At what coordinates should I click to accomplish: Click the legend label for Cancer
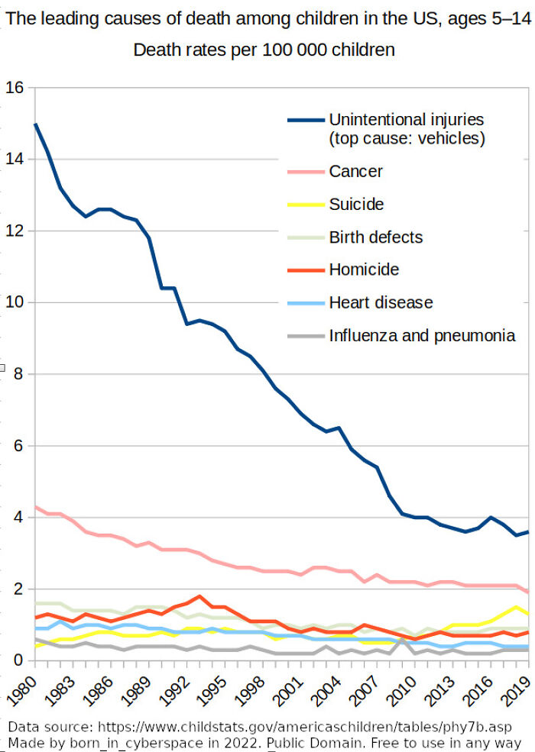[355, 172]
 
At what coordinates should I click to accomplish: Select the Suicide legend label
[356, 205]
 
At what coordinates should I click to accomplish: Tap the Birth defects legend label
[375, 237]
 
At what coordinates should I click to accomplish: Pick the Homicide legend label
[364, 269]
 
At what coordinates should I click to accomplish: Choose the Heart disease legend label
[381, 302]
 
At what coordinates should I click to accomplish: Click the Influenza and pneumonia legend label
[422, 335]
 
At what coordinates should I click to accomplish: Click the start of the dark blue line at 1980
[35, 124]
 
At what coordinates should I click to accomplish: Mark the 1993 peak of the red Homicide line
[199, 596]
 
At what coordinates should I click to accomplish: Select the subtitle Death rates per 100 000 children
[264, 50]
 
